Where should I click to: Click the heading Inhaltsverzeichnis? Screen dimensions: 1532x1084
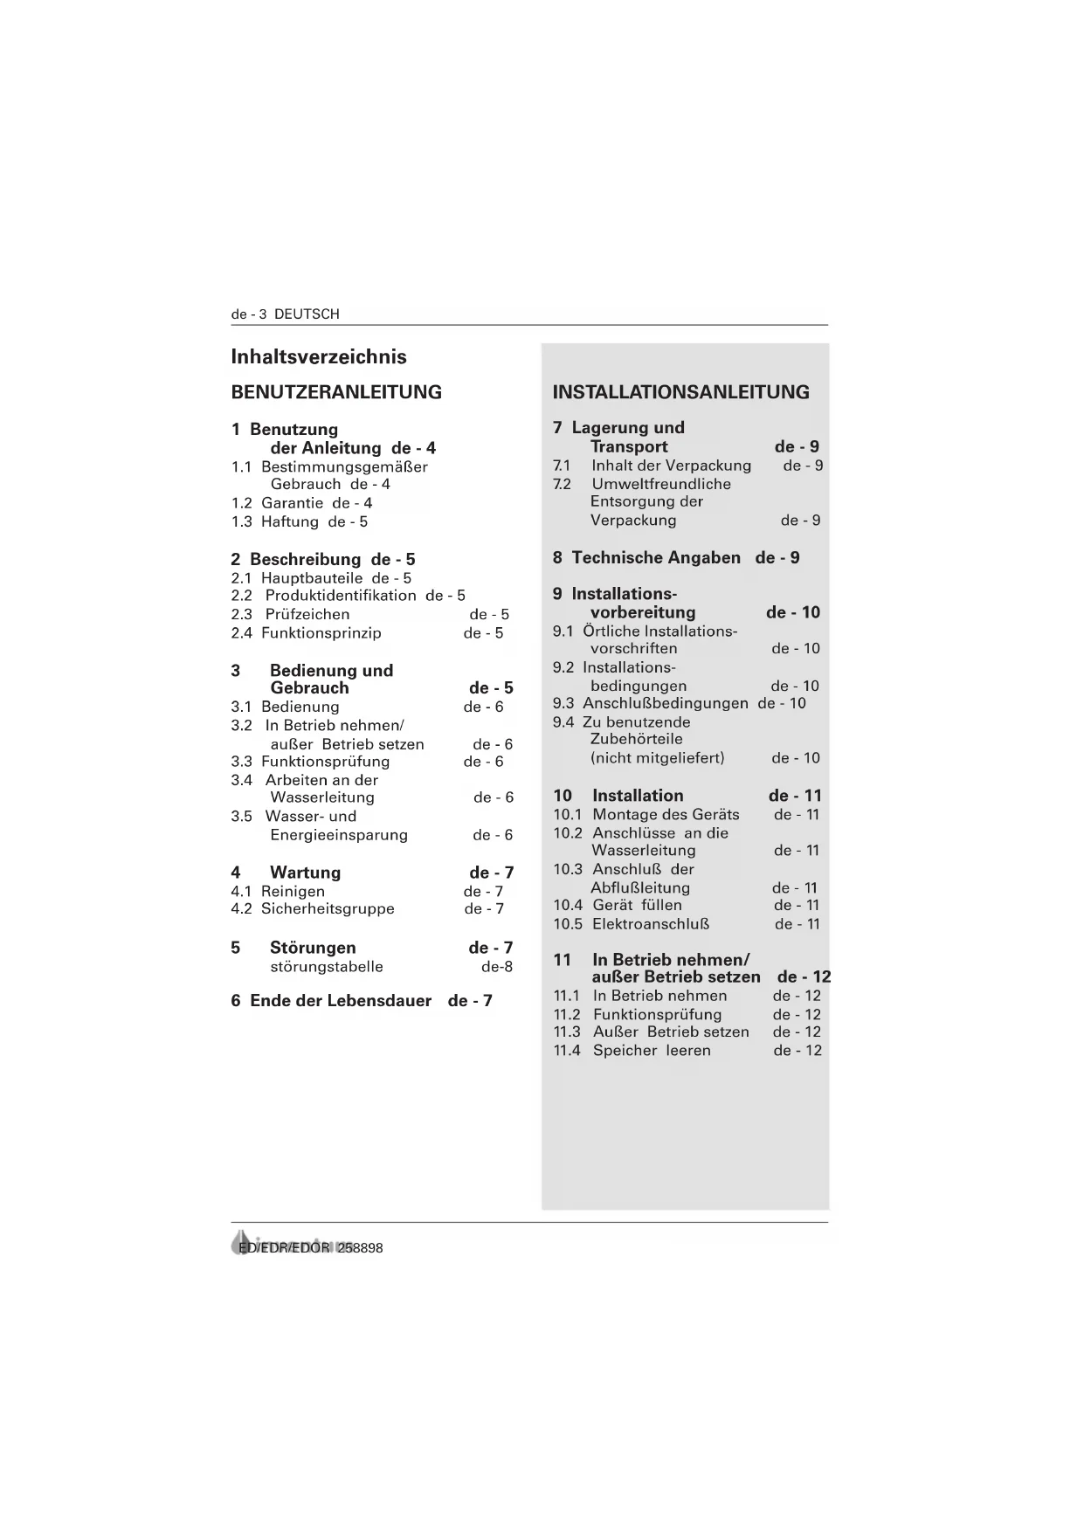tap(319, 356)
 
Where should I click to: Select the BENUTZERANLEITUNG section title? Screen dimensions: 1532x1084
tap(336, 392)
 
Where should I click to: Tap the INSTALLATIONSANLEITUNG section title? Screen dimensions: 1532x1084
tap(680, 392)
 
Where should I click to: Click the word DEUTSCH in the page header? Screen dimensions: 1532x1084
tap(307, 314)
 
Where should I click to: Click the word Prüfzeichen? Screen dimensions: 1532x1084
tap(307, 614)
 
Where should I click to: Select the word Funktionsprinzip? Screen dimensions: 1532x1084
tap(321, 633)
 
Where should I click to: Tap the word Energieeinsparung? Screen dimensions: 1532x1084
tap(339, 835)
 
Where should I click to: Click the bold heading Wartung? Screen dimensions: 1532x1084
tap(305, 873)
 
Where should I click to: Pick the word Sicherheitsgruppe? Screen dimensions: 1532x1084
tap(328, 909)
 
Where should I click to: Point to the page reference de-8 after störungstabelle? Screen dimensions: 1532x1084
tap(497, 967)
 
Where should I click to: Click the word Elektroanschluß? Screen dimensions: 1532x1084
tap(651, 924)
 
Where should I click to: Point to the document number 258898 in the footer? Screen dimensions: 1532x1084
tap(361, 1248)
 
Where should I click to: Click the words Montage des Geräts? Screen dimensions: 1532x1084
tap(666, 815)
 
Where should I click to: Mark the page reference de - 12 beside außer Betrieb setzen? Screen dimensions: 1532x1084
tap(804, 977)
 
